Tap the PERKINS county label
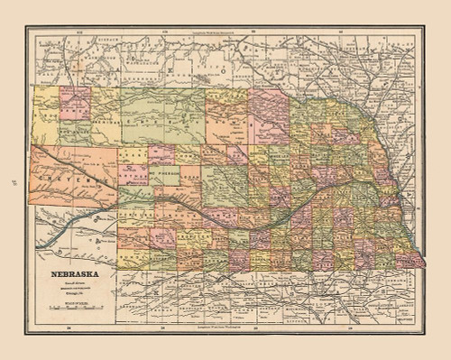pyautogui.click(x=135, y=217)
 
